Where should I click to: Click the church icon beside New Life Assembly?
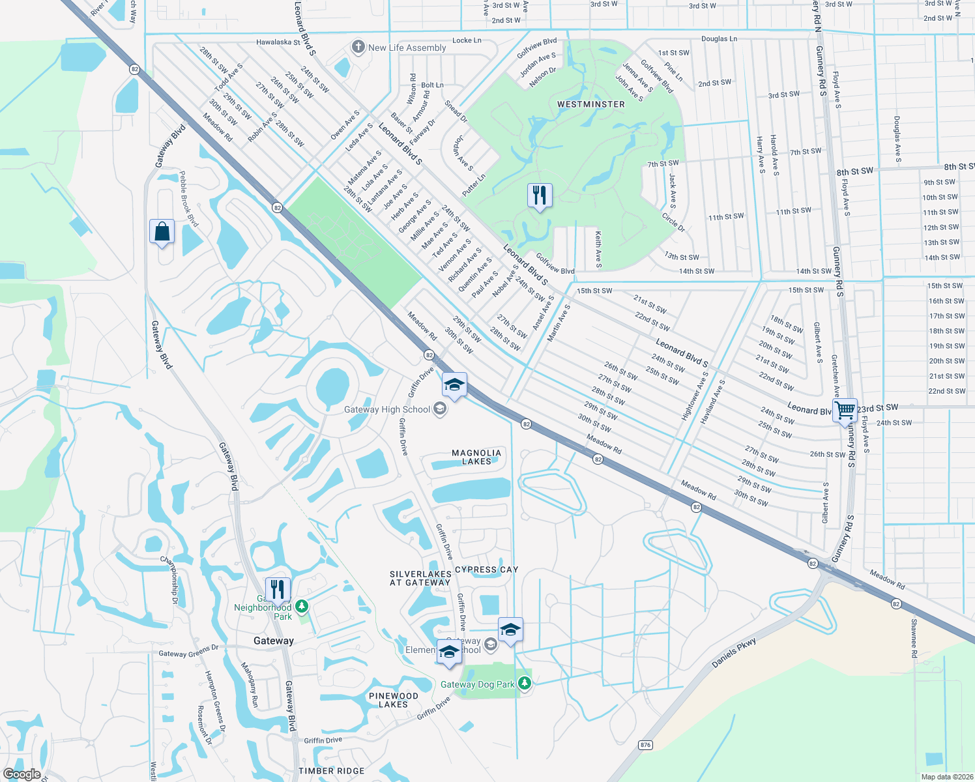point(358,47)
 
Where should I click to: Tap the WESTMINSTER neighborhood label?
point(591,104)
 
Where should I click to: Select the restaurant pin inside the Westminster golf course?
point(540,195)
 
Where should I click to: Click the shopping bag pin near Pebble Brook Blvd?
point(162,231)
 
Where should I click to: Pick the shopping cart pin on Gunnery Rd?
point(845,411)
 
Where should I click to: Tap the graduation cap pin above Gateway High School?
point(454,385)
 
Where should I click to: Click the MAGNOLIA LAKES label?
point(476,457)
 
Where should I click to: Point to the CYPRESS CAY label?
point(486,570)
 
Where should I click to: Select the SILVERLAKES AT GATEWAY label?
point(420,579)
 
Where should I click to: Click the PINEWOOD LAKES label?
point(393,700)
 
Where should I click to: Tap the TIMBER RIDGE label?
point(332,771)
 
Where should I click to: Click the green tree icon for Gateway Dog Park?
point(525,684)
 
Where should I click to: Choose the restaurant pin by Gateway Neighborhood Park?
point(278,590)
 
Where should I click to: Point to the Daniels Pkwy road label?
point(734,653)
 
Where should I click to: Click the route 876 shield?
point(645,745)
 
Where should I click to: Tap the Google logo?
point(22,774)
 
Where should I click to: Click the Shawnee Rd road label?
point(914,638)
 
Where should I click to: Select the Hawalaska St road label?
point(278,42)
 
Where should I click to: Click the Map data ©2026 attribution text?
point(947,777)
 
